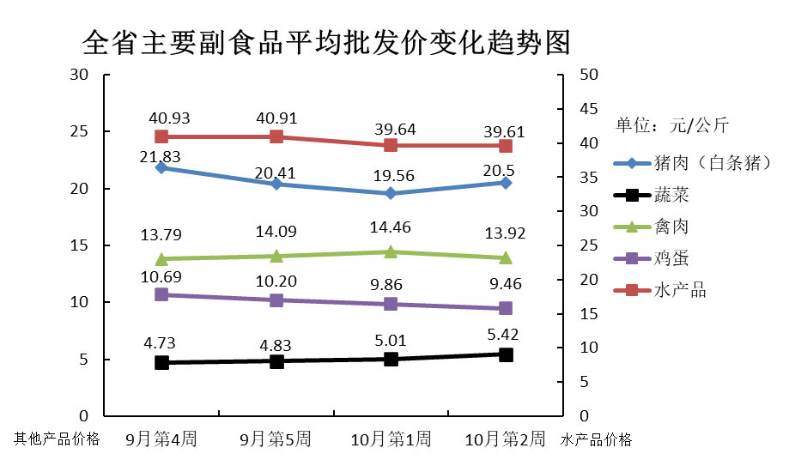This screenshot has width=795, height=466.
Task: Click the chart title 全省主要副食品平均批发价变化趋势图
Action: click(x=326, y=40)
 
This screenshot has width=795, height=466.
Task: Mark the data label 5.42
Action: click(x=504, y=336)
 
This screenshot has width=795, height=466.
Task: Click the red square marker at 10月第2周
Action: click(x=506, y=146)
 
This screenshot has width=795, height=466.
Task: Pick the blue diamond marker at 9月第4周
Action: click(x=161, y=167)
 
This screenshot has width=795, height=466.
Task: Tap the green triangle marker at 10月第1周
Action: click(x=391, y=251)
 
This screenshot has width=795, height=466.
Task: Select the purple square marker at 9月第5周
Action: click(x=276, y=300)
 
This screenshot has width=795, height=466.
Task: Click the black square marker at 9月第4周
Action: click(x=161, y=362)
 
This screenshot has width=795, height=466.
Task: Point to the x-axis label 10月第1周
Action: click(x=391, y=440)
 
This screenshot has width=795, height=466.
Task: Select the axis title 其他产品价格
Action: click(x=57, y=440)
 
